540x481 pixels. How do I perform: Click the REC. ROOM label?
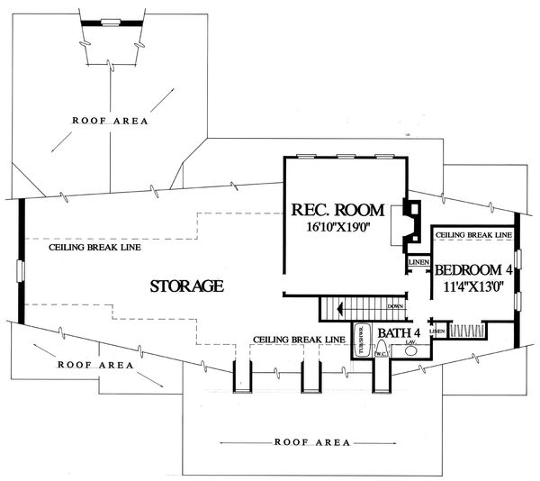coord(337,211)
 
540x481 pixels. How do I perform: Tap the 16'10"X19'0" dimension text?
coord(337,229)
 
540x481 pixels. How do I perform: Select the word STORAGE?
coord(186,287)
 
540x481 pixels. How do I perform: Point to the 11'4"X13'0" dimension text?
coord(474,288)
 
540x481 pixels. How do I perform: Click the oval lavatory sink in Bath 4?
coord(411,352)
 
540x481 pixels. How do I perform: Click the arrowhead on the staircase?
coord(338,308)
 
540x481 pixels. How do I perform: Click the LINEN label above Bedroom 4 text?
coord(418,262)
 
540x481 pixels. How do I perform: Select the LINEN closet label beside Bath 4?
coord(436,331)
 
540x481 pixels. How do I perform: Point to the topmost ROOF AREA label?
coord(111,120)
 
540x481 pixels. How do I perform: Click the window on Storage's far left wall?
coord(20,272)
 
